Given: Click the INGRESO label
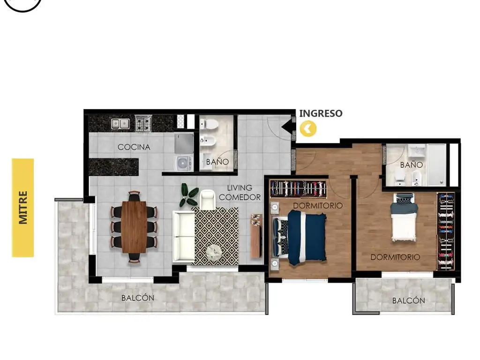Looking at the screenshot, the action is click(321, 113).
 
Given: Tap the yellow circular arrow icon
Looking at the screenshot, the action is click(308, 128).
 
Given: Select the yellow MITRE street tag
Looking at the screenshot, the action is click(23, 208).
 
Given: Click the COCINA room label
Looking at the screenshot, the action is click(134, 147).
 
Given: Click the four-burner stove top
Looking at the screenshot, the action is click(143, 123).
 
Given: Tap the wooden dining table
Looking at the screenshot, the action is click(134, 227).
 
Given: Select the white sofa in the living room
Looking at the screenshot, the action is click(184, 236).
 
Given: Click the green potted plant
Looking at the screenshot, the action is click(188, 195).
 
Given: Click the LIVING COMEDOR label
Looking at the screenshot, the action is click(240, 193).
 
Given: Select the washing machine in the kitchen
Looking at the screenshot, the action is click(184, 163).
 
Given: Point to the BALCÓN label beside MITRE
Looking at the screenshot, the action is click(138, 298).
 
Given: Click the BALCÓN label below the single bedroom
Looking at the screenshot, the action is click(408, 300).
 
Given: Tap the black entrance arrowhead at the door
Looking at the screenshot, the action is click(286, 126).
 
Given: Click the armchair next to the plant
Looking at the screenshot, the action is click(208, 199).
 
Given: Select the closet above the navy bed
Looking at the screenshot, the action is click(298, 188).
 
